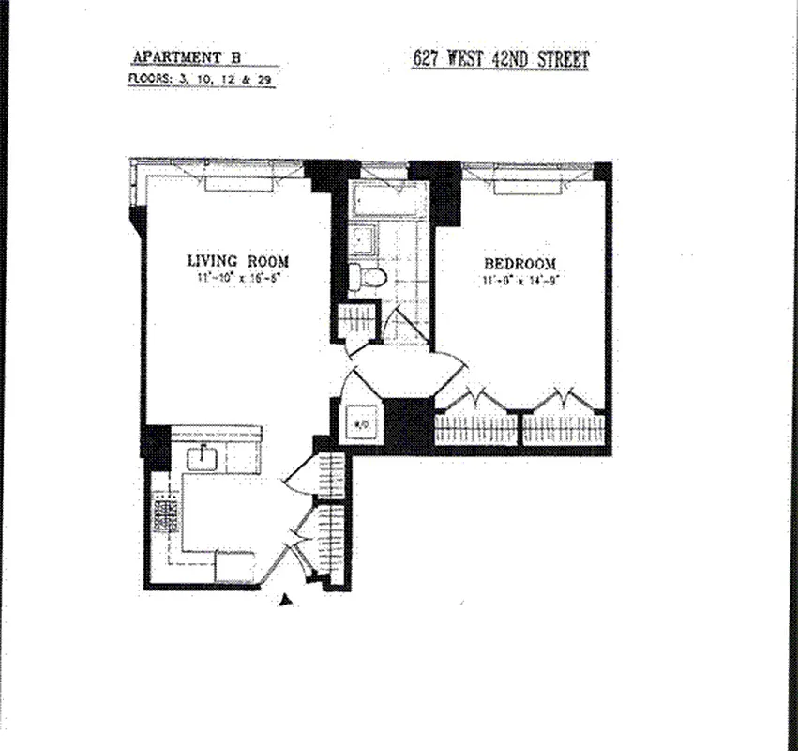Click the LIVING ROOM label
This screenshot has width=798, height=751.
tap(237, 261)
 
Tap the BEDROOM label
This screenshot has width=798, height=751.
tap(519, 264)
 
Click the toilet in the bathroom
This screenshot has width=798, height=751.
tap(369, 276)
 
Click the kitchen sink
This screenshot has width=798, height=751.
tap(203, 458)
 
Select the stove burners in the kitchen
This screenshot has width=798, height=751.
tap(167, 516)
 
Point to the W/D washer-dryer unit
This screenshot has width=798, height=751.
tap(358, 421)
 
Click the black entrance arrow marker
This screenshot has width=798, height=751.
tap(286, 600)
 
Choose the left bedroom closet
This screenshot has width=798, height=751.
tap(475, 428)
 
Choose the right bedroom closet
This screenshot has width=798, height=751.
tap(563, 428)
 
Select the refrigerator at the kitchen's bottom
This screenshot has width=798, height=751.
tap(234, 566)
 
